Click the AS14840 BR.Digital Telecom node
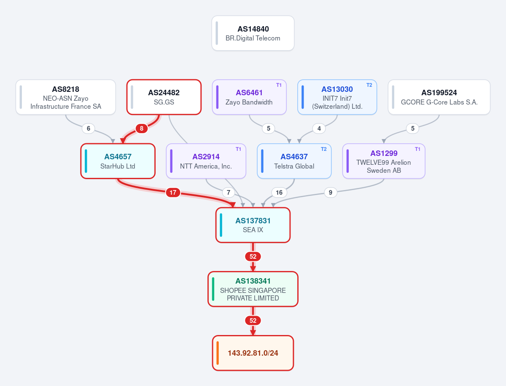253,33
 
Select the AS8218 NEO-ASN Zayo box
66,97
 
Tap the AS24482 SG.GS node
164,97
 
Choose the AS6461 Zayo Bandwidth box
249,97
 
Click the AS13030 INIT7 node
337,97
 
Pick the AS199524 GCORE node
439,97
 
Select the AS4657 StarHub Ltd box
118,161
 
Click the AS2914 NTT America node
206,161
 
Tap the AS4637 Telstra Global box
294,161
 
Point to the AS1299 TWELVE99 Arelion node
384,161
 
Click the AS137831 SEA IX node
253,225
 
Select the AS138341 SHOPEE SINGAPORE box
253,289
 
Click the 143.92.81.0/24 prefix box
253,353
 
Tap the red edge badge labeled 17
173,193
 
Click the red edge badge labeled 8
142,128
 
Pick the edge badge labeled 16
279,193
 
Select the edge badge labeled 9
331,193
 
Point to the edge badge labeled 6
88,128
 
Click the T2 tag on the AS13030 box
369,85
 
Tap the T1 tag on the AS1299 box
417,149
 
